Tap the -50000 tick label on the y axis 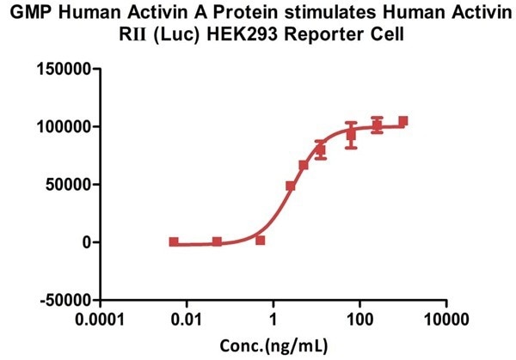(x=63, y=301)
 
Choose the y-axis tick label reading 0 (x=87, y=242)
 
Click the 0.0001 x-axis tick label (x=101, y=320)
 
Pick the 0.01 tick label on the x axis (x=187, y=320)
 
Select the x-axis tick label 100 (x=359, y=320)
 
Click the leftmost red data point (x=174, y=242)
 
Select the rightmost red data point (x=403, y=121)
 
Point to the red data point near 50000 (x=291, y=186)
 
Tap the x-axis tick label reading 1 (x=273, y=320)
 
